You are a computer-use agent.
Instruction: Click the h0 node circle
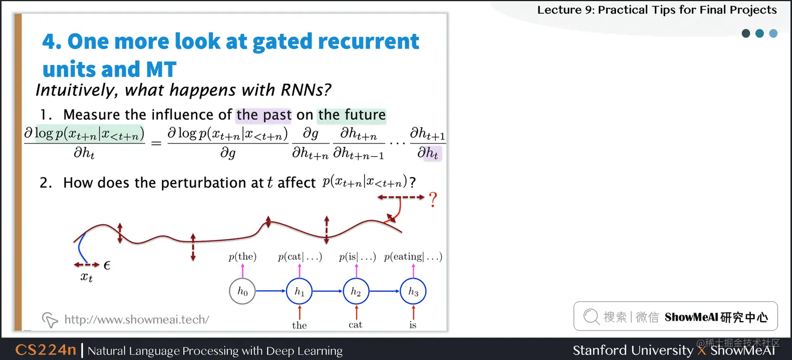[x=243, y=292]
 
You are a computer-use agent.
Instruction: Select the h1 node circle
[x=299, y=292]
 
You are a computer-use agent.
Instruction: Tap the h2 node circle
[x=356, y=292]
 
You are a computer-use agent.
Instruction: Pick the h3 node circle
[x=413, y=292]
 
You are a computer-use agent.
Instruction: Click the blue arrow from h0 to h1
[x=271, y=292]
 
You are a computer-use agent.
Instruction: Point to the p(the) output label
[x=243, y=257]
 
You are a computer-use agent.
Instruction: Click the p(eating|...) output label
[x=413, y=257]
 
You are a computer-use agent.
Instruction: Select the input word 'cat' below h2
[x=356, y=325]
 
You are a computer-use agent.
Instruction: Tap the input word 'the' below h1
[x=299, y=325]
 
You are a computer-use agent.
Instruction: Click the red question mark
[x=433, y=200]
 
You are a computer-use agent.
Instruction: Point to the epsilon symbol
[x=107, y=266]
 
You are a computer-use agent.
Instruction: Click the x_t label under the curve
[x=86, y=277]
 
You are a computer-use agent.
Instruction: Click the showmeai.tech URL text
[x=137, y=319]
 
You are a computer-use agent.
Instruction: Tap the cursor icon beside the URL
[x=50, y=319]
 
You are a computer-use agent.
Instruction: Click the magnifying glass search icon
[x=591, y=317]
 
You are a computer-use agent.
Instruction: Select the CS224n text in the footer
[x=46, y=350]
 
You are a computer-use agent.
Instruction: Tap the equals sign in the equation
[x=156, y=142]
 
